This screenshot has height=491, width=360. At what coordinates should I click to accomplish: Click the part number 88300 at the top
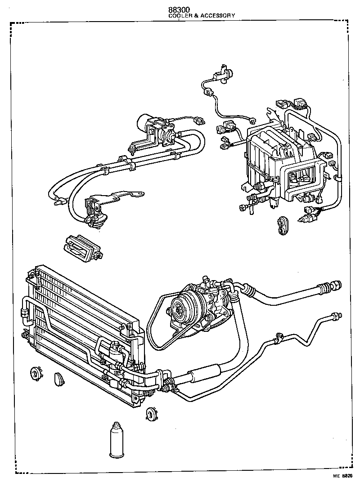point(179,9)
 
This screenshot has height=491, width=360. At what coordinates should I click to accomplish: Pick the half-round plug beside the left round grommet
point(59,379)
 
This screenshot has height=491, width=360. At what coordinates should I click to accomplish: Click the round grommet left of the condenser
point(33,374)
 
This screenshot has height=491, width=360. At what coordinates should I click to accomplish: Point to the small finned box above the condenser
point(83,247)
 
